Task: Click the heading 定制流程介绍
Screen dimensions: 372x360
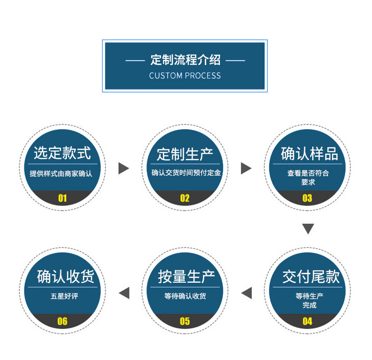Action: (x=185, y=60)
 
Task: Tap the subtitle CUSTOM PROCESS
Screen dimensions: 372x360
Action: (x=185, y=75)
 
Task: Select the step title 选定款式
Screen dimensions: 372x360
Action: (x=62, y=154)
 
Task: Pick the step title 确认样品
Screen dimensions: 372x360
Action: (x=309, y=154)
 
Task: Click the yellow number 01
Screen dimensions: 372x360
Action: (x=62, y=198)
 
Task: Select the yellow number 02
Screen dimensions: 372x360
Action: (x=185, y=198)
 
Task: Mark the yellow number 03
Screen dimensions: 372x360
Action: (x=307, y=198)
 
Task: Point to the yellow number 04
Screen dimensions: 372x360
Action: (x=307, y=321)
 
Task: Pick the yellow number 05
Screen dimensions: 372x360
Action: (x=185, y=321)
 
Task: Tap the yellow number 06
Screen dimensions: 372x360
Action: (x=62, y=321)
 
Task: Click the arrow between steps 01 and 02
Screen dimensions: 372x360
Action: (x=123, y=168)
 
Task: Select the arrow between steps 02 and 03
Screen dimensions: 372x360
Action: (x=246, y=168)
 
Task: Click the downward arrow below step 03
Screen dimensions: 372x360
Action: (x=308, y=229)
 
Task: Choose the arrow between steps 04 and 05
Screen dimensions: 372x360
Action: (x=246, y=293)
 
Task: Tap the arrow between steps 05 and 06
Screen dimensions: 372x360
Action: (x=124, y=293)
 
